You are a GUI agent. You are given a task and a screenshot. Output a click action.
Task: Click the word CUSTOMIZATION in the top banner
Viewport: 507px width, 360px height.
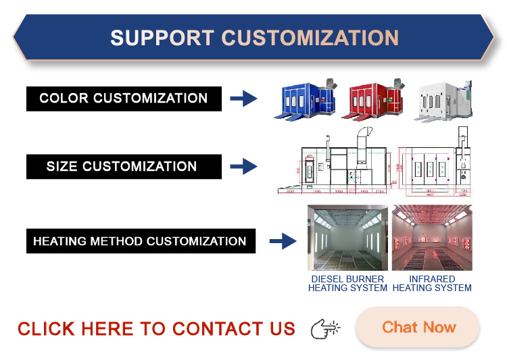tap(310, 37)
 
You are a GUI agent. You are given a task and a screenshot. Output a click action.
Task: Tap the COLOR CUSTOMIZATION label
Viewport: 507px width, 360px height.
tap(124, 98)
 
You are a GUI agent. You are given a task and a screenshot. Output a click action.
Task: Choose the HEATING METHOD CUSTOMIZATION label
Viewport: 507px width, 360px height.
tap(140, 241)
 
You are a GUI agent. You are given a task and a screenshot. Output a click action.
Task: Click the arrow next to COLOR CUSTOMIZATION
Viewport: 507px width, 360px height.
tap(243, 99)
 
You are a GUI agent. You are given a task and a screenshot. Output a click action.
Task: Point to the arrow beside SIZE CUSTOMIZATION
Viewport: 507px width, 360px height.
tap(243, 166)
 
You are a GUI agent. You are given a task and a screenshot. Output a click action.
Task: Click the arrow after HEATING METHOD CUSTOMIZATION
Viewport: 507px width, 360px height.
tap(283, 241)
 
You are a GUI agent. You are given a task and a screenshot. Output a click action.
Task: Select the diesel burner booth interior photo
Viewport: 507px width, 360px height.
tap(347, 238)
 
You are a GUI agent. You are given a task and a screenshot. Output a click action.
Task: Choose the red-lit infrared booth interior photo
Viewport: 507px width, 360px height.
tap(432, 238)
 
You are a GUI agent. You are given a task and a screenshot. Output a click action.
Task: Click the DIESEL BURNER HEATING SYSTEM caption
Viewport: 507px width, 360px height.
tap(347, 283)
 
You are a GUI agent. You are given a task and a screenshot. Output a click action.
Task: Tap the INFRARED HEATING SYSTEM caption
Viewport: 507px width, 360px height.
tap(432, 283)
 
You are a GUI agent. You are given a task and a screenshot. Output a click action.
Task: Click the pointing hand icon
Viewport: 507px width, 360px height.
tap(325, 329)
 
